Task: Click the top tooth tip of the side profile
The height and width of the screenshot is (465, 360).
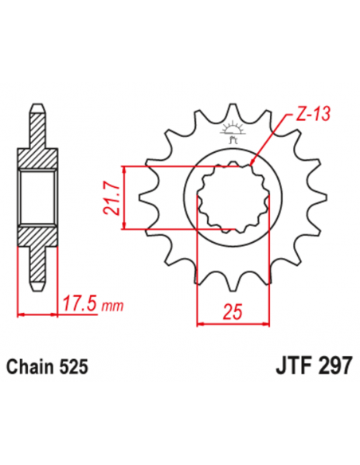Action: pyautogui.click(x=35, y=108)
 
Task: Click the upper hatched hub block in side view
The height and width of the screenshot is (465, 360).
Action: pyautogui.click(x=35, y=156)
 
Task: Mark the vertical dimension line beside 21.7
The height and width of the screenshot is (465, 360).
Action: pyautogui.click(x=123, y=197)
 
